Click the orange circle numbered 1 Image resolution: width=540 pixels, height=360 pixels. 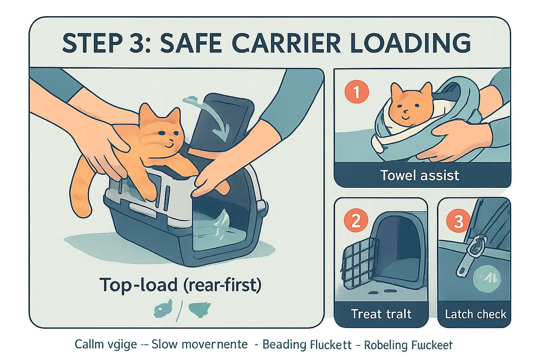356,92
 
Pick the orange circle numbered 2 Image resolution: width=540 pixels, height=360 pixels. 356,221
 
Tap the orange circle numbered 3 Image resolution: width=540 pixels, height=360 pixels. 458,222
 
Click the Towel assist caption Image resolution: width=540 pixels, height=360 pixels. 420,175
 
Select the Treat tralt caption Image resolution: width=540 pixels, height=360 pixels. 381,314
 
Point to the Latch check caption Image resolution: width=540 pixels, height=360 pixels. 475,314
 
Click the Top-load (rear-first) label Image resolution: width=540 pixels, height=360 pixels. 180,285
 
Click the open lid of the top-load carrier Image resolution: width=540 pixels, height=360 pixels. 221,123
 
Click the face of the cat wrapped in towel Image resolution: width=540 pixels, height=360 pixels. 409,105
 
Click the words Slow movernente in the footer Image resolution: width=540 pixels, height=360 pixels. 199,344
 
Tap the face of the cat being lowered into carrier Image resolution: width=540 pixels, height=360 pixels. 164,135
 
